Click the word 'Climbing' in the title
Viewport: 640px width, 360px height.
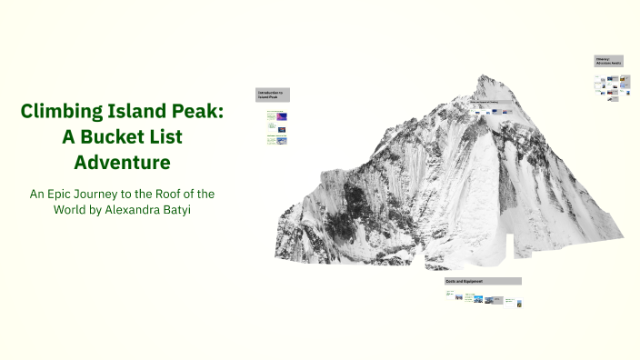tap(63, 112)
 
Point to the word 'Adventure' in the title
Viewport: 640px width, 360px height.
tap(122, 163)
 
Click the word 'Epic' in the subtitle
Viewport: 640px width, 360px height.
tap(67, 194)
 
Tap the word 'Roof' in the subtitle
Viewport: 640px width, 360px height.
tap(175, 194)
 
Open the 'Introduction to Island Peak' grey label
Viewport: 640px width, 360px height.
tap(272, 95)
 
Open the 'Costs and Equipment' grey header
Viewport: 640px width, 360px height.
tap(482, 281)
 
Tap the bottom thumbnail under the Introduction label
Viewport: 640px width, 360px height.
tap(281, 140)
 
